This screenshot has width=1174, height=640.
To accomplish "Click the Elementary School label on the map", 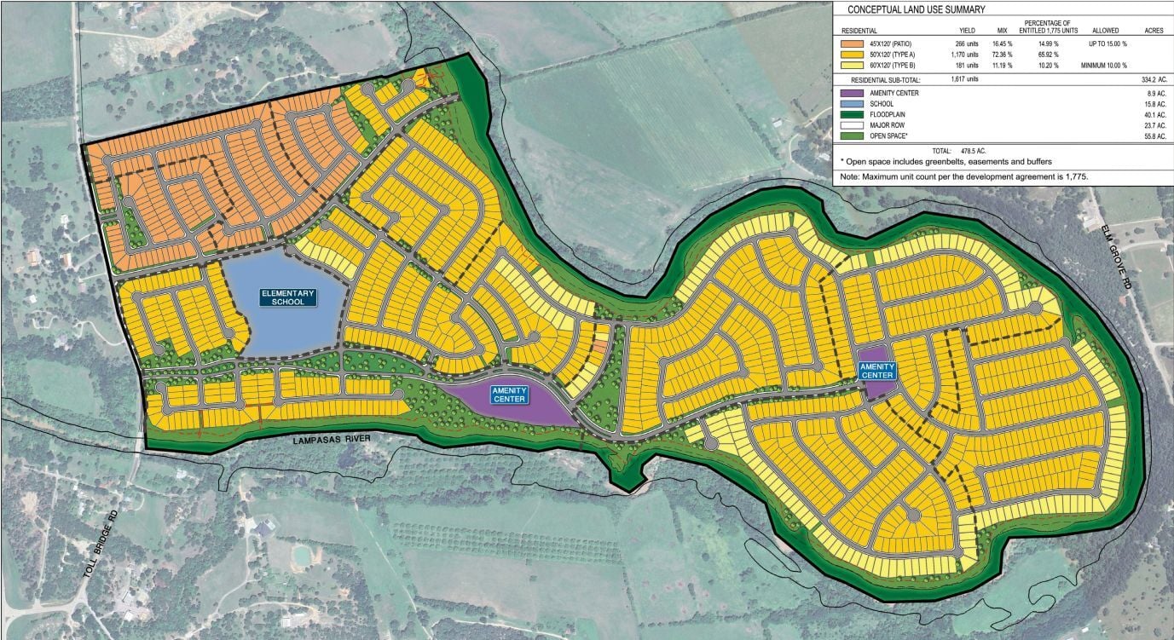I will [288, 297].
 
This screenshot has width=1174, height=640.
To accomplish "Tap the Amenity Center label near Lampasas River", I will [511, 394].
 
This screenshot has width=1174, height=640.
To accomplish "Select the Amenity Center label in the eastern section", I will [876, 371].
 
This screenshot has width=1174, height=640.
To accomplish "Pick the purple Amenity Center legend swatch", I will [852, 92].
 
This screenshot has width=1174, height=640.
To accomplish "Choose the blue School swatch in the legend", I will [852, 103].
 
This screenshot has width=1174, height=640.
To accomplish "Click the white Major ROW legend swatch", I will [852, 125].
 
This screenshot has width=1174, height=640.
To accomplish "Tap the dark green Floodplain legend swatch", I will [852, 114].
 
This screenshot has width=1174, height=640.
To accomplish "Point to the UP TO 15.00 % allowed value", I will [1107, 42].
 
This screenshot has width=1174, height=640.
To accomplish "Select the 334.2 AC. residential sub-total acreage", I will [1151, 78].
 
